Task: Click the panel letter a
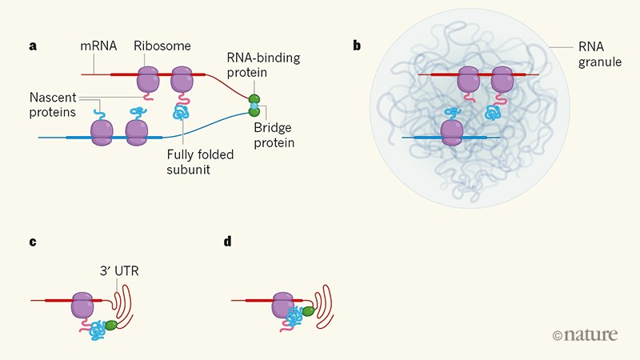click(x=33, y=46)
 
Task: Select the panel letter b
click(x=357, y=46)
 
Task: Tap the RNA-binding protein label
click(x=260, y=64)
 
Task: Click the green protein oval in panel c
click(x=110, y=326)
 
